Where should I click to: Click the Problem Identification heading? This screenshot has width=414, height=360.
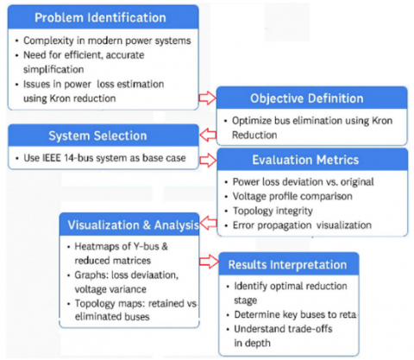click(100, 17)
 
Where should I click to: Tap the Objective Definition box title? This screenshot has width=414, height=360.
click(307, 98)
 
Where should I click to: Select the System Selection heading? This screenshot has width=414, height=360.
click(97, 136)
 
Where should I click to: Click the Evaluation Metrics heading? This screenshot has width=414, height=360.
click(305, 160)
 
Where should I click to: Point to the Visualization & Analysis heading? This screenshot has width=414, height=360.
click(134, 225)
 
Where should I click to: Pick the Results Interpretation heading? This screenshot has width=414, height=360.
click(287, 265)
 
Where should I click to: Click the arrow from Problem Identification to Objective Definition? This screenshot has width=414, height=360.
click(208, 98)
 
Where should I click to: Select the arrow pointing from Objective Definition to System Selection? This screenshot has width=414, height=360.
click(208, 135)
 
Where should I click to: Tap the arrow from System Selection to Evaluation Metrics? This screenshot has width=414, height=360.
click(208, 160)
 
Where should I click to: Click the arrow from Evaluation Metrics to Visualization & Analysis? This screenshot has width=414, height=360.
click(209, 223)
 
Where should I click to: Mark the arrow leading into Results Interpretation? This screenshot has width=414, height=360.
click(209, 262)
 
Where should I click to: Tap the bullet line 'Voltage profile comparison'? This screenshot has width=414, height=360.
click(292, 196)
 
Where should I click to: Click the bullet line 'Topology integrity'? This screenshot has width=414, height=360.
click(273, 211)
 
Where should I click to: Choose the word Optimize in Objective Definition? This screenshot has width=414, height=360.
click(252, 121)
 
